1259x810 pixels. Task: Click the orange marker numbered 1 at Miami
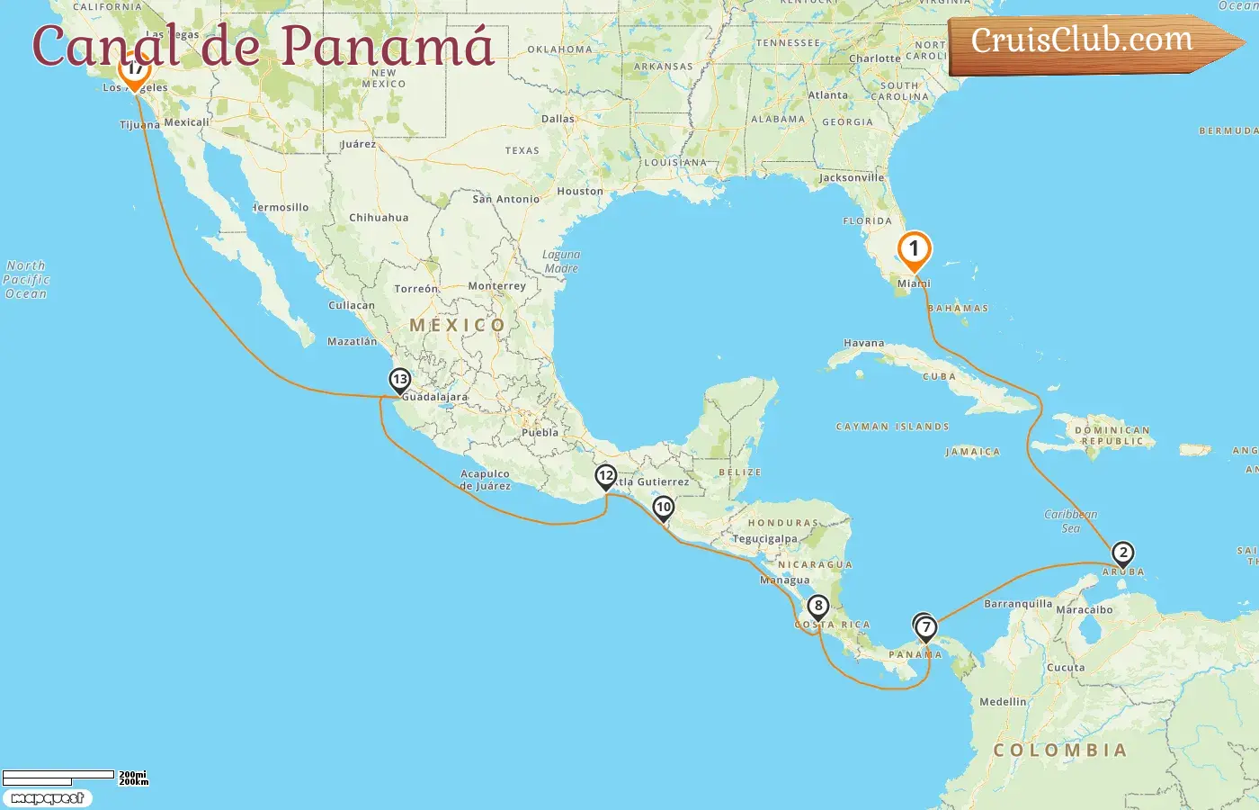point(914,250)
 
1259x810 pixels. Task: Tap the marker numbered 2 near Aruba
point(1122,553)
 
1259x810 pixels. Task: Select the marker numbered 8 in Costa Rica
point(817,607)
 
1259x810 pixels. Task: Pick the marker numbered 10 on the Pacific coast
point(664,508)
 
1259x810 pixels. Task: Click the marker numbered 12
point(606,476)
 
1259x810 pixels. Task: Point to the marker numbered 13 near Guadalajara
point(400,380)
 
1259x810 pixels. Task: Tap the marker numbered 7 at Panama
point(926,628)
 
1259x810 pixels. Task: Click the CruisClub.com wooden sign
point(1088,42)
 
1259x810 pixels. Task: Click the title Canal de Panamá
point(263,46)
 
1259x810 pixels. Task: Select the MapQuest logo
point(47,798)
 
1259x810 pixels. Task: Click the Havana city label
point(863,343)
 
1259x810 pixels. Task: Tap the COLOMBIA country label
point(1059,750)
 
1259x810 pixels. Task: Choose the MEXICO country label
point(458,325)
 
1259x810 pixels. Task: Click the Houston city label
point(580,191)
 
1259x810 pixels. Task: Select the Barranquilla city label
point(1018,604)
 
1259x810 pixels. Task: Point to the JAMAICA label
point(972,452)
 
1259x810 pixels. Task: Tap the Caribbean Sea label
point(1070,521)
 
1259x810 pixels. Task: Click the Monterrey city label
point(496,286)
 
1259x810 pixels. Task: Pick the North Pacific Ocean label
point(26,279)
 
